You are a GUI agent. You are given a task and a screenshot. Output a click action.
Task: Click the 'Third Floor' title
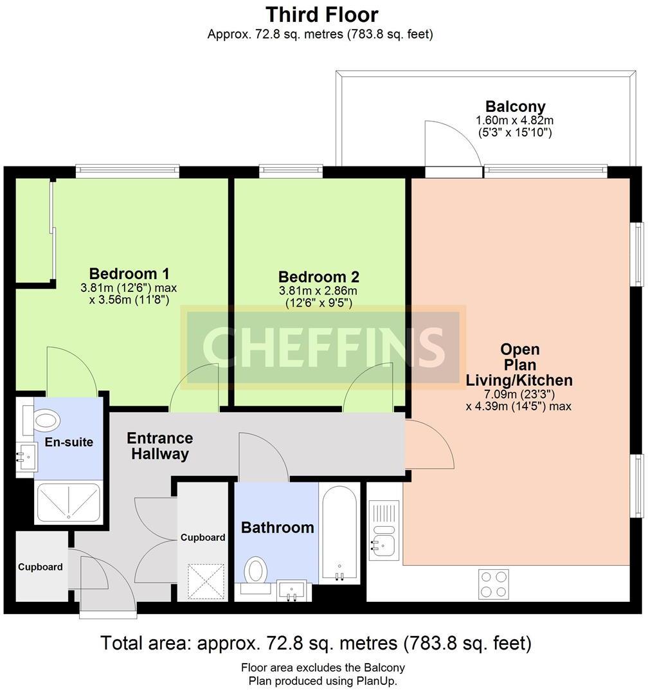point(321,15)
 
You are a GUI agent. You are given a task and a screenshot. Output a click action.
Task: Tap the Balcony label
point(515,106)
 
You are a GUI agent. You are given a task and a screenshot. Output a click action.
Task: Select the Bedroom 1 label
point(129,273)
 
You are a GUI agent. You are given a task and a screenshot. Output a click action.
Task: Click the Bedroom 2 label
point(319,277)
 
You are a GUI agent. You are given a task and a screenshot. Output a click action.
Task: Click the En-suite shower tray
point(69,502)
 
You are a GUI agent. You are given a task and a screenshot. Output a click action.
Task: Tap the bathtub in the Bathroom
point(339,534)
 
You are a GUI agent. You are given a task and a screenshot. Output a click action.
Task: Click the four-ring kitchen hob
point(493,584)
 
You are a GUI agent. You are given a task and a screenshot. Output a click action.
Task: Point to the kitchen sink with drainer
point(384,530)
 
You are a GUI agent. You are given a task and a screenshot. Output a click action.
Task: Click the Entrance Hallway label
point(159,446)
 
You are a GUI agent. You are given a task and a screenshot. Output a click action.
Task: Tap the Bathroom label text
point(278,527)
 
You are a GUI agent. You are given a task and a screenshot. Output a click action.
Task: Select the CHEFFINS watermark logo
point(323,348)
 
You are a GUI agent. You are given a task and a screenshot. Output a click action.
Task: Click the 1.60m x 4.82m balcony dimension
point(515,120)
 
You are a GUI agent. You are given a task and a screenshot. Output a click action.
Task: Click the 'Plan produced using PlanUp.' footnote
point(323,681)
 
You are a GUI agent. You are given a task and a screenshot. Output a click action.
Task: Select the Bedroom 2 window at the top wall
point(291,171)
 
